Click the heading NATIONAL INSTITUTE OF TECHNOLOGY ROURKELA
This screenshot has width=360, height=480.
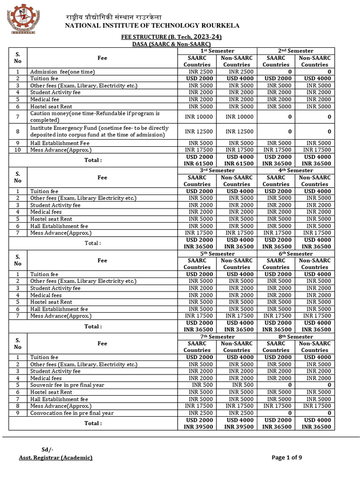tap(152, 25)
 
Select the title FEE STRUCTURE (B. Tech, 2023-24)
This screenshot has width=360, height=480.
tap(171, 37)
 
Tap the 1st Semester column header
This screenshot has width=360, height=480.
tap(217, 51)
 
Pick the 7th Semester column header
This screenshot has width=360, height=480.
tap(217, 337)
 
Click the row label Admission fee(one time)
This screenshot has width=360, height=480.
tap(62, 72)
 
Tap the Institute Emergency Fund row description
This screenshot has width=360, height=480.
tap(99, 131)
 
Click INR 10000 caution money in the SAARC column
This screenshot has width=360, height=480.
tap(197, 117)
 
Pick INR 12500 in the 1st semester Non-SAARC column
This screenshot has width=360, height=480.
tap(237, 132)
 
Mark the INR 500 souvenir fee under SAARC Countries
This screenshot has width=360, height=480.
tap(197, 385)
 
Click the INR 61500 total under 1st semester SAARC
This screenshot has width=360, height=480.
tap(197, 164)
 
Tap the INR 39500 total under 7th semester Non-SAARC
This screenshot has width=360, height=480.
tap(237, 427)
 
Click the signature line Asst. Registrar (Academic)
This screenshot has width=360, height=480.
tap(56, 457)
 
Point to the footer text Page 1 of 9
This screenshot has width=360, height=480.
tap(287, 457)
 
